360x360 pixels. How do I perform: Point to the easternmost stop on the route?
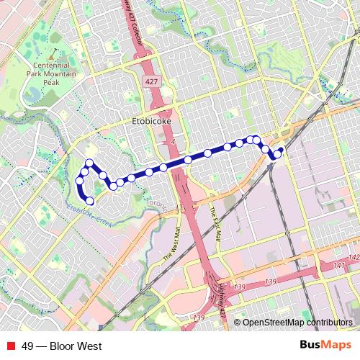point(281,150)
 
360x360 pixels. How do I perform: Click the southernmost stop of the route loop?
point(90,200)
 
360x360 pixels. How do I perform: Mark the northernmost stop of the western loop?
point(89,163)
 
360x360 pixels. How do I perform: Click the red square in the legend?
point(11,346)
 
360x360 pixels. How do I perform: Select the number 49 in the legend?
point(27,346)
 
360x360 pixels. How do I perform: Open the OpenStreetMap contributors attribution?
point(297,323)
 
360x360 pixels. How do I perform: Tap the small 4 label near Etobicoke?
point(174,141)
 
